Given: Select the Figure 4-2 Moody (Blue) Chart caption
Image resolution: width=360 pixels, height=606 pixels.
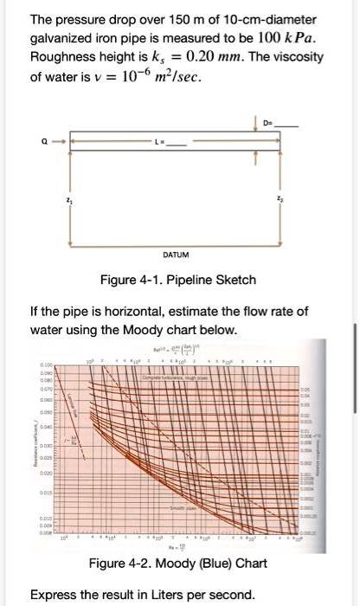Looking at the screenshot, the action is coord(176,564).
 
